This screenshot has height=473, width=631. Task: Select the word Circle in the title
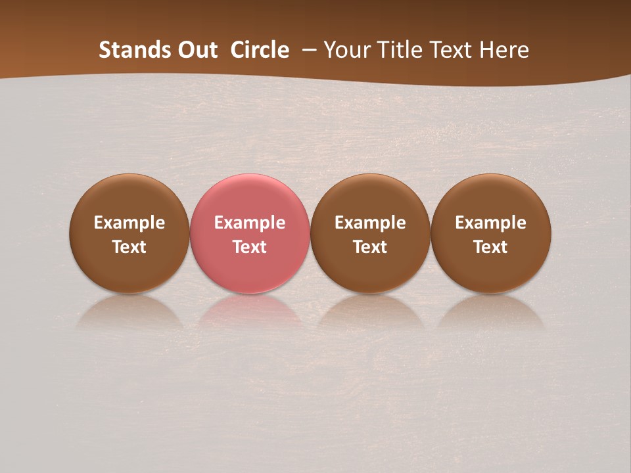pos(260,50)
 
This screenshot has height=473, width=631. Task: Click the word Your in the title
pos(346,50)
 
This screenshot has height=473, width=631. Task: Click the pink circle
pos(250,197)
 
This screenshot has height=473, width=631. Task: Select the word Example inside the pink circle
pos(250,223)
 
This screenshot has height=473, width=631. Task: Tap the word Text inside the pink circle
pos(250,247)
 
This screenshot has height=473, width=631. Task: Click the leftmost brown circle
pos(129,197)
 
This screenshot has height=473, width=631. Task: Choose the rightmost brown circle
pos(491,197)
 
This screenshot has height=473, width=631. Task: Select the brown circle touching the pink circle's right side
pos(370,197)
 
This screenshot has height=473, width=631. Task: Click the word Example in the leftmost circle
pos(129,223)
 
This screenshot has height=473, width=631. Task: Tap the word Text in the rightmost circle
pos(491,247)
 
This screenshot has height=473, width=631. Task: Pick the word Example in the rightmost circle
pos(491,223)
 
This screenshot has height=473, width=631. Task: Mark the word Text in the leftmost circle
pos(129,247)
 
